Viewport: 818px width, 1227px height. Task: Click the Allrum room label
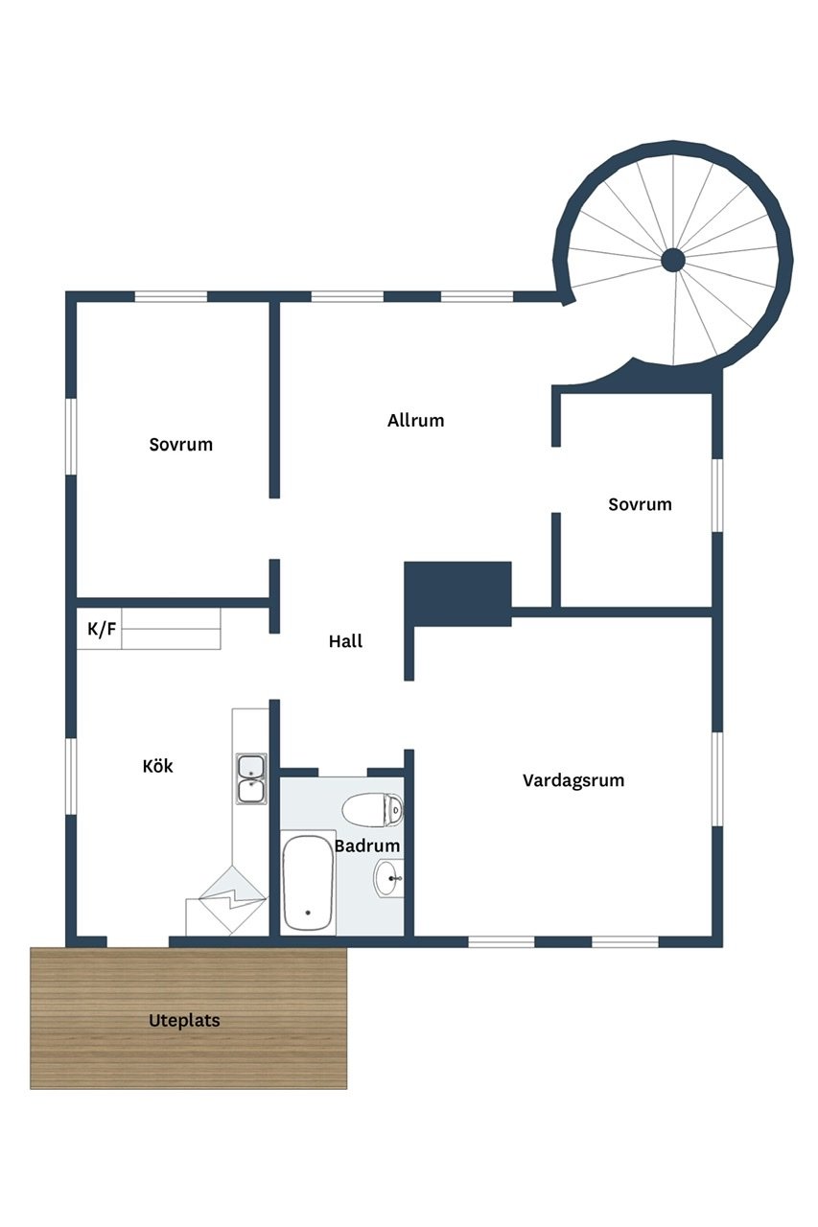tap(415, 421)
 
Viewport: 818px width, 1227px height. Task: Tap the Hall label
tap(345, 641)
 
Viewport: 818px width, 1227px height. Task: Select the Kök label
tap(158, 765)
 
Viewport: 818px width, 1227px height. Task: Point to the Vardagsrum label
tap(573, 780)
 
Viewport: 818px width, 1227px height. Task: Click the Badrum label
tap(367, 845)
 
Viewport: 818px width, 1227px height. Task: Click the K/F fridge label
tap(102, 629)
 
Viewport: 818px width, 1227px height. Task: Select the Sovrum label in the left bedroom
tap(181, 444)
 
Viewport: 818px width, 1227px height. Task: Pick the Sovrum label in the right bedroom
tap(640, 504)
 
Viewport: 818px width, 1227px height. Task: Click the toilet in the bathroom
tap(373, 809)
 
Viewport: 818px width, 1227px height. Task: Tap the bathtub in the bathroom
tap(308, 883)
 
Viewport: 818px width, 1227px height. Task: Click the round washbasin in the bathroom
tap(388, 878)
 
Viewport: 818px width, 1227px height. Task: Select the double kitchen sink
tap(251, 779)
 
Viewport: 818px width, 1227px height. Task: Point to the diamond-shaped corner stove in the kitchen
tap(232, 900)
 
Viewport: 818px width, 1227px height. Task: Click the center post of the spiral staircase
tap(673, 260)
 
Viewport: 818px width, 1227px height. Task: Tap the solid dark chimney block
tap(458, 593)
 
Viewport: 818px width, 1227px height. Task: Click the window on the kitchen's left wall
tap(71, 776)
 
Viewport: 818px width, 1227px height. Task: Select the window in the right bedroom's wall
tap(717, 496)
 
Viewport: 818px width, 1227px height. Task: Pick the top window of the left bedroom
tap(171, 297)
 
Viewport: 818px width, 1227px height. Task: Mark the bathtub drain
tap(308, 913)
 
